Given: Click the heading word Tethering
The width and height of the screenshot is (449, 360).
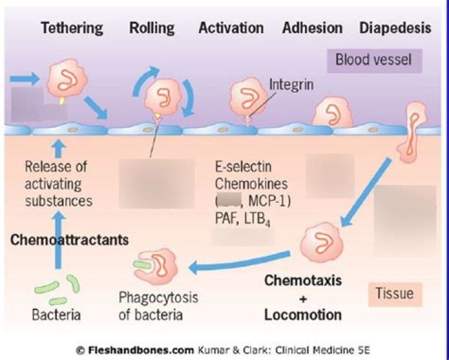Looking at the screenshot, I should [x=72, y=29].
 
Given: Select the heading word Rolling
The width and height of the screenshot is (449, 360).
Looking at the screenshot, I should [x=152, y=29].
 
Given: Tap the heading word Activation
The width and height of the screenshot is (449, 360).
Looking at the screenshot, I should [x=231, y=29].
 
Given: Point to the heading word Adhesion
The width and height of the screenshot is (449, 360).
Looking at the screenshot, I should [x=312, y=29].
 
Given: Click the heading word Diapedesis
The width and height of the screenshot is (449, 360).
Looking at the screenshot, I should [x=395, y=29].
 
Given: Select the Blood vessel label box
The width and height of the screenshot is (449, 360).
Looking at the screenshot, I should [x=374, y=61].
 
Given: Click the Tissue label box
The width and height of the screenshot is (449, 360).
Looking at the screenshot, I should [x=395, y=292].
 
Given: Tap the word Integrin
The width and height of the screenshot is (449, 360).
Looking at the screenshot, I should [x=291, y=82].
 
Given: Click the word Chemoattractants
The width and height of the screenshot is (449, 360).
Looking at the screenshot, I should [x=70, y=240].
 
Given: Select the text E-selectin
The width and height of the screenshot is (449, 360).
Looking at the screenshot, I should [x=243, y=167].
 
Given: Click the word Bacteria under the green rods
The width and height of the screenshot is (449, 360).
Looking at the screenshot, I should [x=56, y=314].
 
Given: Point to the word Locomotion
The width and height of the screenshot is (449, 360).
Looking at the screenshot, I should [x=302, y=314].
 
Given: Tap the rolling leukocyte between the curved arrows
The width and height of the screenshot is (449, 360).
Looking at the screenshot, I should [x=162, y=97].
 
